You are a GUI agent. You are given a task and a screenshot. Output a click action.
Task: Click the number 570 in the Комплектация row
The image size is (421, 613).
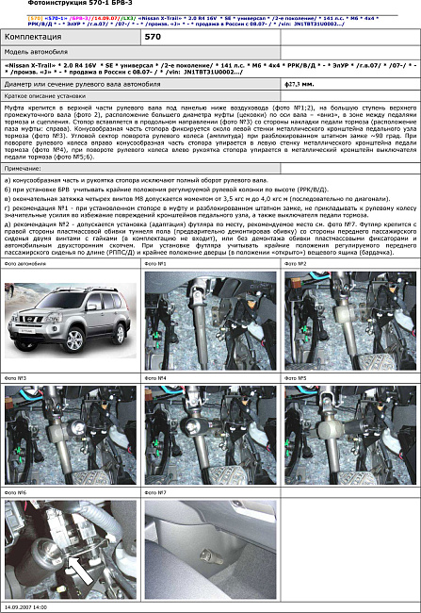(153, 38)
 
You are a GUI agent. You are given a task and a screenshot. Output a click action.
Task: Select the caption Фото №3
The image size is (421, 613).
(16, 377)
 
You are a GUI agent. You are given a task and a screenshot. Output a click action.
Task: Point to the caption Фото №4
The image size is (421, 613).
(155, 377)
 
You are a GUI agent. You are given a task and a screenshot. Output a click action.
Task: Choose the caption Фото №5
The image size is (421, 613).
(297, 377)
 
